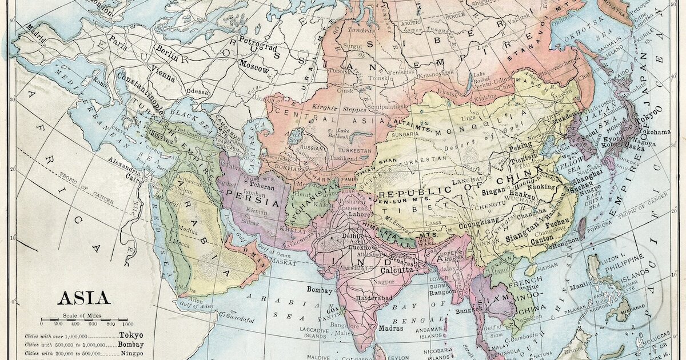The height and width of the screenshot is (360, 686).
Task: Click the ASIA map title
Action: [83, 298]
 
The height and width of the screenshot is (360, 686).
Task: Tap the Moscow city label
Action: [254, 66]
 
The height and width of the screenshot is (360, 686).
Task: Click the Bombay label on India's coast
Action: [320, 290]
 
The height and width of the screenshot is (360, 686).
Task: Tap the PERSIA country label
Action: [246, 194]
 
